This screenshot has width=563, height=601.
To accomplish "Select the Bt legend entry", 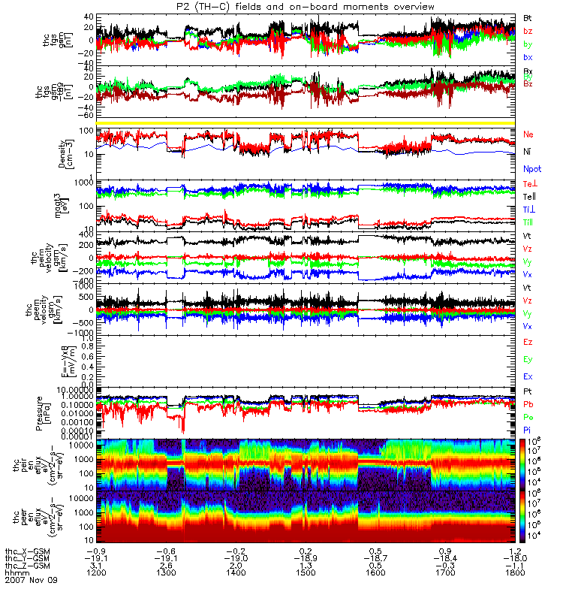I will [x=528, y=17].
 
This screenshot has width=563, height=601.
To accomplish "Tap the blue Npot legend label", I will [x=531, y=170].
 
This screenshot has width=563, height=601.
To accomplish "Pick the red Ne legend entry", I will [x=528, y=134].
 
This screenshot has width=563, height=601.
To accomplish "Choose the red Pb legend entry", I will [x=528, y=403].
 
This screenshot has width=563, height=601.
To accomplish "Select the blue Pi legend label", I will [x=528, y=430].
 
